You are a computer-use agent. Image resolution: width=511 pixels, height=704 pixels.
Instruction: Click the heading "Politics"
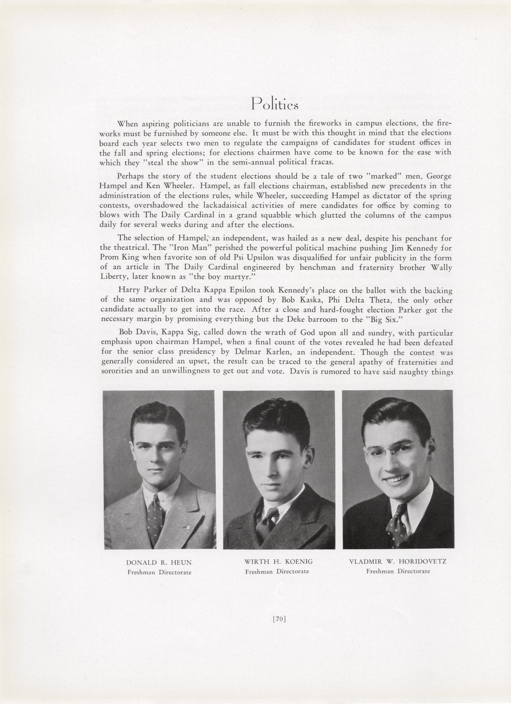coord(275,103)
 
